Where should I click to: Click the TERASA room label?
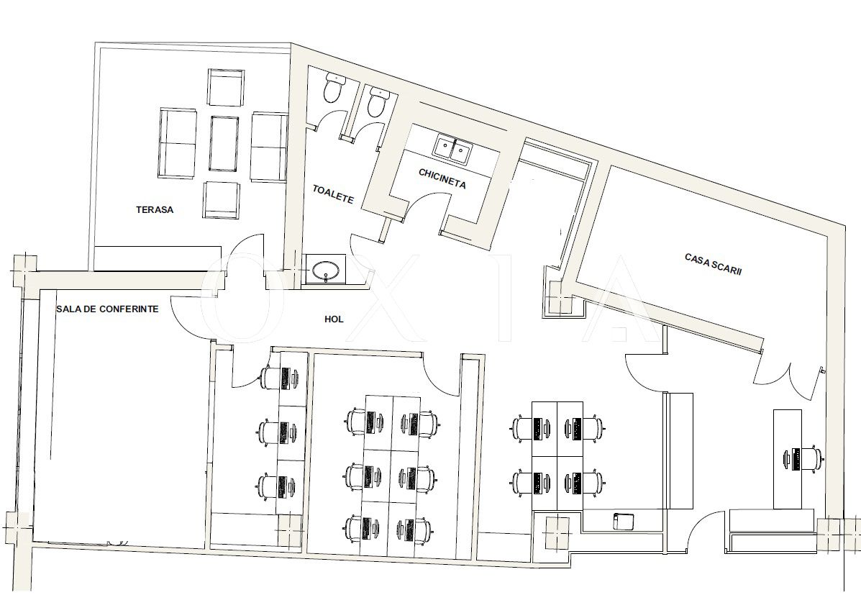tap(155, 209)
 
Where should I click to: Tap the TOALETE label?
tap(333, 194)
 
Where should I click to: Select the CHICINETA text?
tap(442, 178)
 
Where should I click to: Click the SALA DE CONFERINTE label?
tap(107, 309)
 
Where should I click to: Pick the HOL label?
tap(334, 319)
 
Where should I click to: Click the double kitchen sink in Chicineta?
tap(453, 150)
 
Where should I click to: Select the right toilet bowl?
tap(377, 101)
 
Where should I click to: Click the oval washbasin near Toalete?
tap(325, 271)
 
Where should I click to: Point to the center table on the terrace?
tap(224, 143)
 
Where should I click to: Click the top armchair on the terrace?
tap(226, 87)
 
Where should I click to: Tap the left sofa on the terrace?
tap(178, 143)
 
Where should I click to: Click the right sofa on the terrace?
tap(268, 147)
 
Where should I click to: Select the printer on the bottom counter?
tap(624, 521)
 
